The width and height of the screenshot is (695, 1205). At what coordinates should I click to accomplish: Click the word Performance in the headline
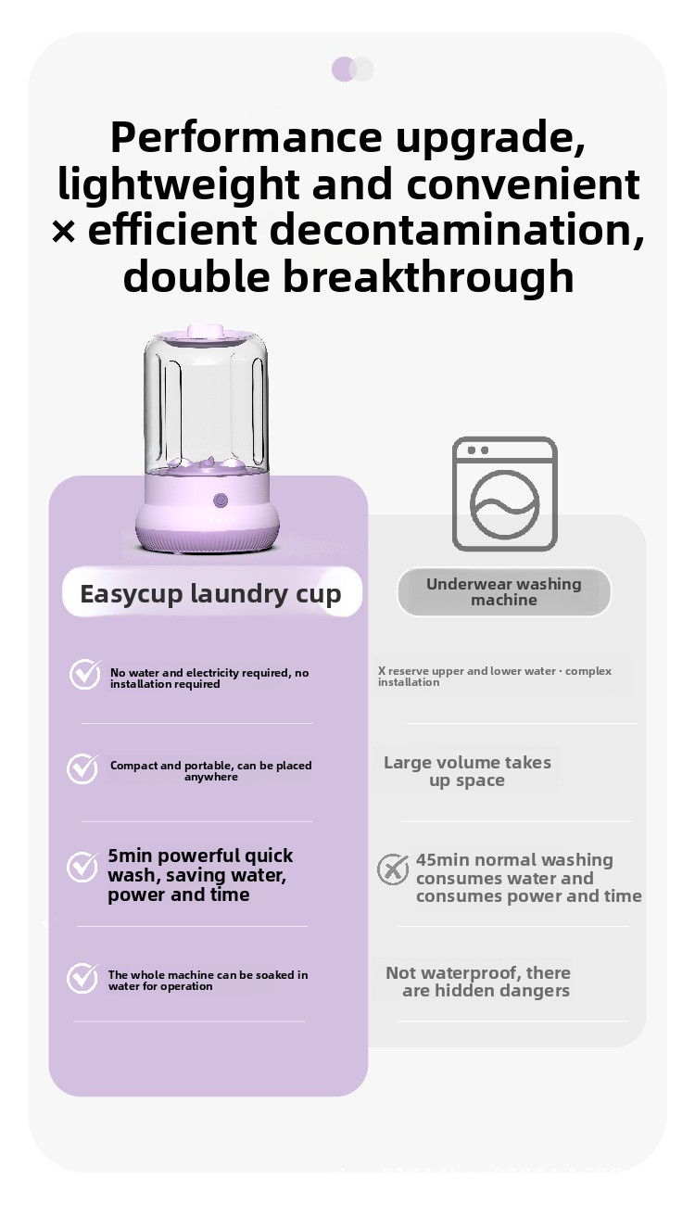pyautogui.click(x=246, y=136)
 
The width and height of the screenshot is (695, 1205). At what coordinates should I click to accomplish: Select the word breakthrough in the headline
pyautogui.click(x=428, y=275)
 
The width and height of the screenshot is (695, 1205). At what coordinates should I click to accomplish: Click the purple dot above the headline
pyautogui.click(x=344, y=69)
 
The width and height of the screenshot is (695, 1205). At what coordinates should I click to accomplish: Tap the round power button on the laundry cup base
pyautogui.click(x=220, y=501)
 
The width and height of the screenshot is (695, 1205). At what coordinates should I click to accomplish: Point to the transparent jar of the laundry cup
pyautogui.click(x=206, y=404)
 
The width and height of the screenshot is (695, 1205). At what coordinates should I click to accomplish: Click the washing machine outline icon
pyautogui.click(x=504, y=494)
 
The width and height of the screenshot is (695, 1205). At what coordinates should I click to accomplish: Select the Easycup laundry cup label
pyautogui.click(x=211, y=594)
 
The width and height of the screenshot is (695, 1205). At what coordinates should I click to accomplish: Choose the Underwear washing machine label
pyautogui.click(x=504, y=591)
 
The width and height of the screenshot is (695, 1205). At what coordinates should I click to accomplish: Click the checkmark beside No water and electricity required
pyautogui.click(x=85, y=675)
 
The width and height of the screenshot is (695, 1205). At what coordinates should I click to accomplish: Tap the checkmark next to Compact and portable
pyautogui.click(x=82, y=768)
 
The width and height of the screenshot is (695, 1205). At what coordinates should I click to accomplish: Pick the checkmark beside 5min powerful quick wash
pyautogui.click(x=82, y=867)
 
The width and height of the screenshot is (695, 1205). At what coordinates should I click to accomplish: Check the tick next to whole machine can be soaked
pyautogui.click(x=82, y=978)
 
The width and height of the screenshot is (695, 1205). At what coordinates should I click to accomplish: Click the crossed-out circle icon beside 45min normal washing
pyautogui.click(x=393, y=869)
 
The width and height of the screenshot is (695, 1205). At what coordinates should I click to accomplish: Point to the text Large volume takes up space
pyautogui.click(x=467, y=771)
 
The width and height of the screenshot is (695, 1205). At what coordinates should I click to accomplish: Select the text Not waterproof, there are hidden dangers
pyautogui.click(x=478, y=982)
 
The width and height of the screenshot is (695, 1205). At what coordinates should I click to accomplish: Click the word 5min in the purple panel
pyautogui.click(x=130, y=856)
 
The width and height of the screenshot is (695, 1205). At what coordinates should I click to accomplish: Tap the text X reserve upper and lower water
pyautogui.click(x=466, y=671)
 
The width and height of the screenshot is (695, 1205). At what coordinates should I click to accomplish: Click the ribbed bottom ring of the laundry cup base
pyautogui.click(x=207, y=541)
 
